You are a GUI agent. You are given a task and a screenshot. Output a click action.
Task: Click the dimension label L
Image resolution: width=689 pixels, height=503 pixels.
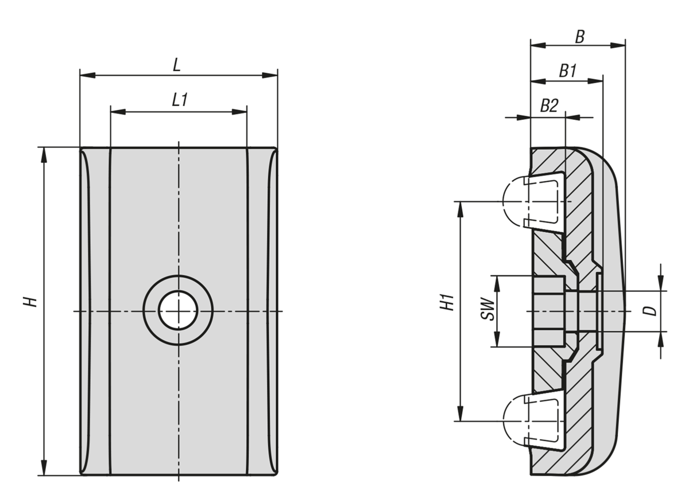point(177,65)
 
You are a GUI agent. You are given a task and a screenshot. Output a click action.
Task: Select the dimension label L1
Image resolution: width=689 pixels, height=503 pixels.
point(180,100)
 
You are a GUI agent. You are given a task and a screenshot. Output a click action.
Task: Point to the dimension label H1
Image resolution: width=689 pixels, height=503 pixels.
point(448,302)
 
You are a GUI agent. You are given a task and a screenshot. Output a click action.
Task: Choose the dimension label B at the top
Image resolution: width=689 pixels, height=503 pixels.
point(580,37)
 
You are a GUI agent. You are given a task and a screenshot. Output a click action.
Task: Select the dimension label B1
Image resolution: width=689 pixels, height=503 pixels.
point(568,71)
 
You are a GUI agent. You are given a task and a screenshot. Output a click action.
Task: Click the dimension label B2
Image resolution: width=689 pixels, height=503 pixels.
point(549,106)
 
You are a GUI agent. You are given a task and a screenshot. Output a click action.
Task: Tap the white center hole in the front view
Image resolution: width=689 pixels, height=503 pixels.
point(178,310)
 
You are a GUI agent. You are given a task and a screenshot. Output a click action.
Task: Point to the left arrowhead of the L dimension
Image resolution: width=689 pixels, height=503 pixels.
point(87,75)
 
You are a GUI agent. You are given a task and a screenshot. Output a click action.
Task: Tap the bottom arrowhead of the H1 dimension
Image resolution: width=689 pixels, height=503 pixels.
point(460,414)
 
